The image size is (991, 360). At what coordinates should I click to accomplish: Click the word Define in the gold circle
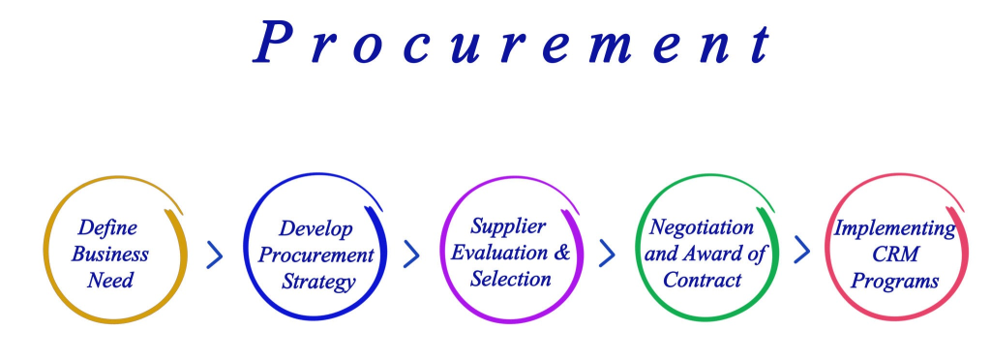pos(107,227)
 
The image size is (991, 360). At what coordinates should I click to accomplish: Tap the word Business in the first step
pos(110,254)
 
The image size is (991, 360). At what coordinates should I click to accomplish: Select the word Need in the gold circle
pos(110,280)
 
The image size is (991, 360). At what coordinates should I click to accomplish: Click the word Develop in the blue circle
pos(316,229)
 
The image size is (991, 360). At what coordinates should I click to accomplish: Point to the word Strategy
pos(317,282)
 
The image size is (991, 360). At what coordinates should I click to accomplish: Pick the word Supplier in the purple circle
pos(507,225)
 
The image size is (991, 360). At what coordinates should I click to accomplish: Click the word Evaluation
pos(499,253)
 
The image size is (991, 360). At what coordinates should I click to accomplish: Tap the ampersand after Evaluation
pos(562,253)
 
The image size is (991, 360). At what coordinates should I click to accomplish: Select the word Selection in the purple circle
pos(511,279)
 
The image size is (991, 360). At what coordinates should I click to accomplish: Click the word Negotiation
pos(702,226)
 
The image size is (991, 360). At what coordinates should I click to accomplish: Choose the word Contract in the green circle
pos(703,280)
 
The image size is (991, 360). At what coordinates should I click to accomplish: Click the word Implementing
pos(894,228)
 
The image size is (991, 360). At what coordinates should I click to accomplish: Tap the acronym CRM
pos(895,255)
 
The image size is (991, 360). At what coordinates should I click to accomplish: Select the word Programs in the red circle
pos(894,282)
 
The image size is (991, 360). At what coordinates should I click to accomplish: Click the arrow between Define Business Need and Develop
pos(216,255)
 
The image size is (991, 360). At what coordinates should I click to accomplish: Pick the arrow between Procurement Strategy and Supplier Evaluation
pos(411,254)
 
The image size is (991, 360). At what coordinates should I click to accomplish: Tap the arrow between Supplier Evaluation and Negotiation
pos(607,254)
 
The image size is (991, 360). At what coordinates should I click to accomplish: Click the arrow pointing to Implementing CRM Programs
pos(802,250)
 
